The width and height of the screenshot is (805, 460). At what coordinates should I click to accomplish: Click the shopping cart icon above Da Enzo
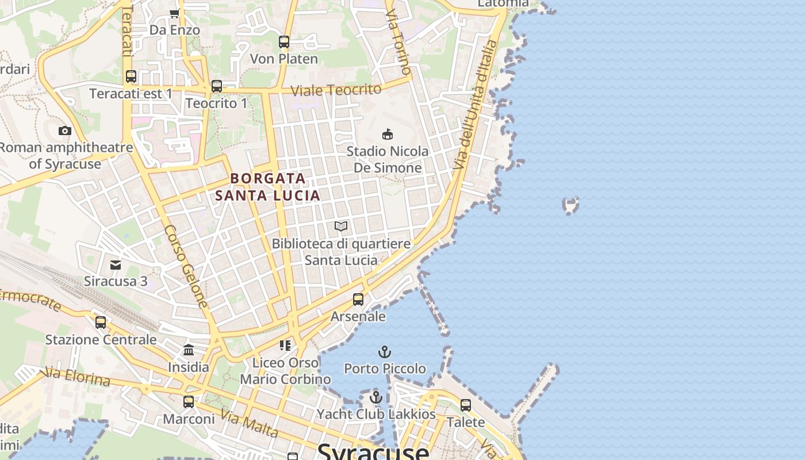(x=174, y=13)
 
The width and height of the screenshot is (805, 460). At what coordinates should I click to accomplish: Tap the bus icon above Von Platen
(x=284, y=42)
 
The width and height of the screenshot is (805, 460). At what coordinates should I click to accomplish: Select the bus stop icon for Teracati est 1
(x=131, y=76)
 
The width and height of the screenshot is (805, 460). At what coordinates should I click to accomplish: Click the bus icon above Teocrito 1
(x=217, y=86)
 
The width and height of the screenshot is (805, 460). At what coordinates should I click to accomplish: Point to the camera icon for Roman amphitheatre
(x=65, y=131)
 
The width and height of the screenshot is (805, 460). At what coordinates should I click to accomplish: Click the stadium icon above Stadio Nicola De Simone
(x=388, y=135)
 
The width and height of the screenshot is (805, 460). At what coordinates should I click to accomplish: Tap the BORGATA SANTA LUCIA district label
(x=267, y=187)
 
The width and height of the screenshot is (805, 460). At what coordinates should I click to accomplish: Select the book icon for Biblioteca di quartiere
(x=341, y=227)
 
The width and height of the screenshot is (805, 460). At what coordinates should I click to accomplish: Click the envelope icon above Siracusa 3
(x=116, y=265)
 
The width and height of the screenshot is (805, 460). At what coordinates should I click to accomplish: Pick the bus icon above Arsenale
(x=358, y=300)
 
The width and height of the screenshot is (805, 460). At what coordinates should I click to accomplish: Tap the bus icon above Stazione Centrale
(x=101, y=323)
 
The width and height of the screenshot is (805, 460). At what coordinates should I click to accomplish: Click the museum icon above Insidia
(x=189, y=350)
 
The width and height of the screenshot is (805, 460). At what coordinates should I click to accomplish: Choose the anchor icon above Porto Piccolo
(x=384, y=351)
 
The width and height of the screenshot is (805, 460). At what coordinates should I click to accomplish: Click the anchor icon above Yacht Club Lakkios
(x=376, y=397)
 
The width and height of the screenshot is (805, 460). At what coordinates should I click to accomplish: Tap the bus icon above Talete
(x=466, y=405)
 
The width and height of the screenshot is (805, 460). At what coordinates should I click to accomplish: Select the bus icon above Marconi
(x=189, y=402)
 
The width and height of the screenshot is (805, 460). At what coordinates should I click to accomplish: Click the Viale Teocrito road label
(x=336, y=90)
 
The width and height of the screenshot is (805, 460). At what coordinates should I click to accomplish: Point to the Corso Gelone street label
(x=185, y=266)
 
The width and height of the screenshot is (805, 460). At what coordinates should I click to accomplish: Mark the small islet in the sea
(x=570, y=205)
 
